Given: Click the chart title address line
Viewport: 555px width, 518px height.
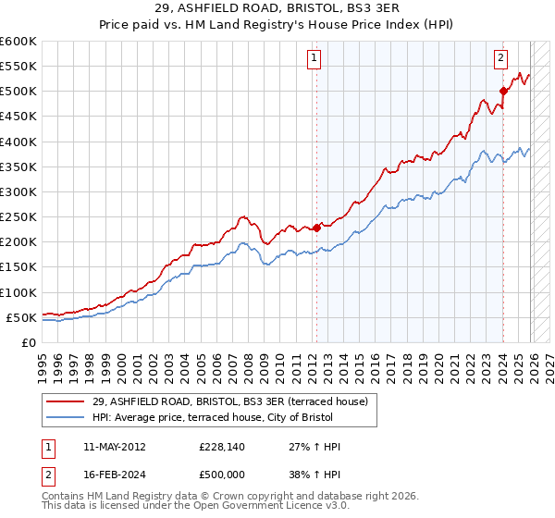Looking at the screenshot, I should pos(277,8).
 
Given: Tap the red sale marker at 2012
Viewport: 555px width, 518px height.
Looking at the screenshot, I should pos(316,227).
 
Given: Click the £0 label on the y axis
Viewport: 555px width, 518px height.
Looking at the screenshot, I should pos(30,342).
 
